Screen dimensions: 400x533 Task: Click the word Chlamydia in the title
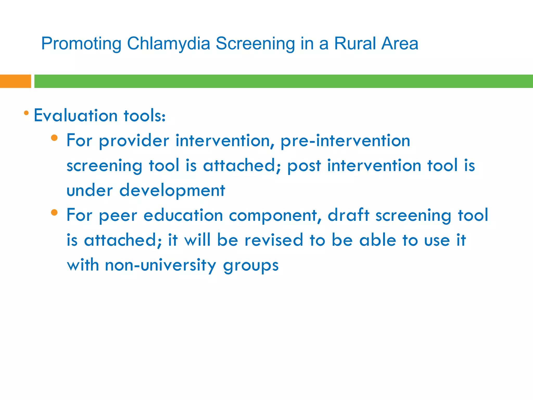click(168, 43)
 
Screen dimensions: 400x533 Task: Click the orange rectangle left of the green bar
click(15, 81)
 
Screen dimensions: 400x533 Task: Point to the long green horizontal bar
click(283, 81)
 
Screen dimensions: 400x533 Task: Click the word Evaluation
click(75, 115)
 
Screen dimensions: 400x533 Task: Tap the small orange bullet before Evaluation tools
click(26, 113)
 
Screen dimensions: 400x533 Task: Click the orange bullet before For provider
click(54, 138)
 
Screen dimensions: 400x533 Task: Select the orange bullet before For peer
click(54, 213)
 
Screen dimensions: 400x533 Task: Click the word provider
click(134, 141)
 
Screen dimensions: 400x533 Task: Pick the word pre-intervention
click(345, 141)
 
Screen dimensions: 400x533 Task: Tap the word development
click(172, 190)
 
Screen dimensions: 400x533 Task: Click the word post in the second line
click(304, 166)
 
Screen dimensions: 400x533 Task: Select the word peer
click(118, 216)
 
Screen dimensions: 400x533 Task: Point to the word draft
click(348, 215)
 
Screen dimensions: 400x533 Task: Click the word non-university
click(160, 265)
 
